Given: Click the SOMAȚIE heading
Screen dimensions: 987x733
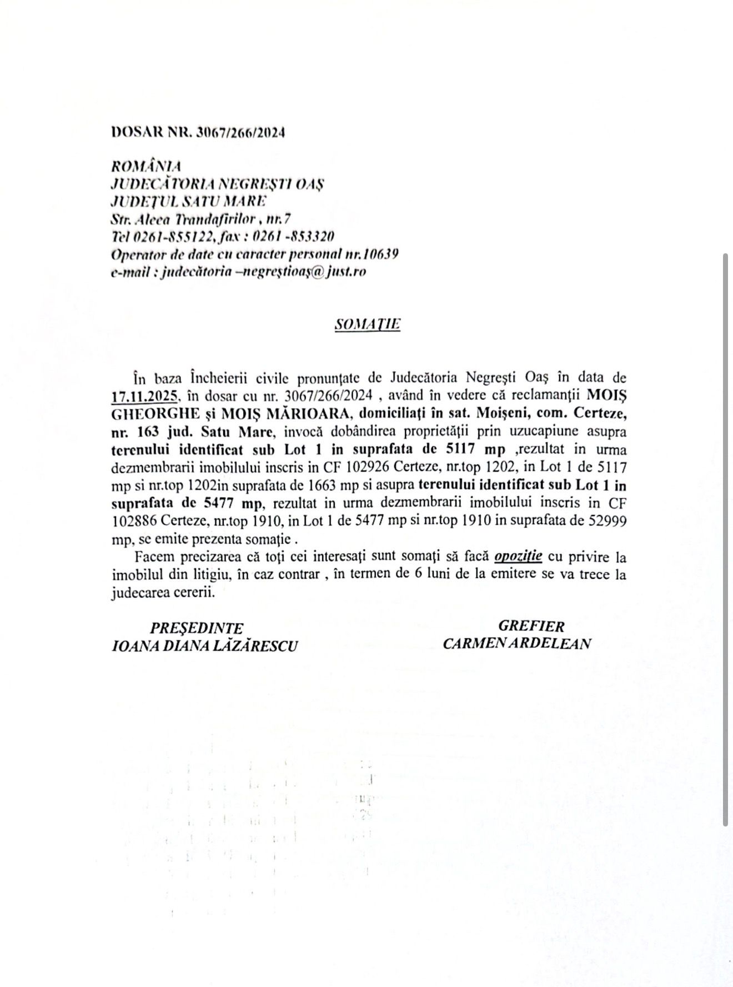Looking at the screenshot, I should click(x=367, y=324).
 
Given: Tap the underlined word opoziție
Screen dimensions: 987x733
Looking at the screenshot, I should click(x=518, y=557).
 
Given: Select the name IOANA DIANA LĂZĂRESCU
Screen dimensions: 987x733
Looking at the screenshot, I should click(x=204, y=646).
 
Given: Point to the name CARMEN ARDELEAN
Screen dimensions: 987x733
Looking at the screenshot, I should click(x=516, y=644).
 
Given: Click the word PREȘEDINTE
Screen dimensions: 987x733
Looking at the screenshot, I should click(x=197, y=628).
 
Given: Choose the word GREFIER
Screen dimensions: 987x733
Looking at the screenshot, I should click(x=531, y=626).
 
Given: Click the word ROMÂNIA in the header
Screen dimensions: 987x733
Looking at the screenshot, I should click(x=146, y=166).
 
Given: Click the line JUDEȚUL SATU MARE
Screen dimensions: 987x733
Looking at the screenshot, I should click(x=189, y=201).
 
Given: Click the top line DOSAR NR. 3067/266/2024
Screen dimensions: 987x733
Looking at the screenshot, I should click(x=198, y=132).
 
